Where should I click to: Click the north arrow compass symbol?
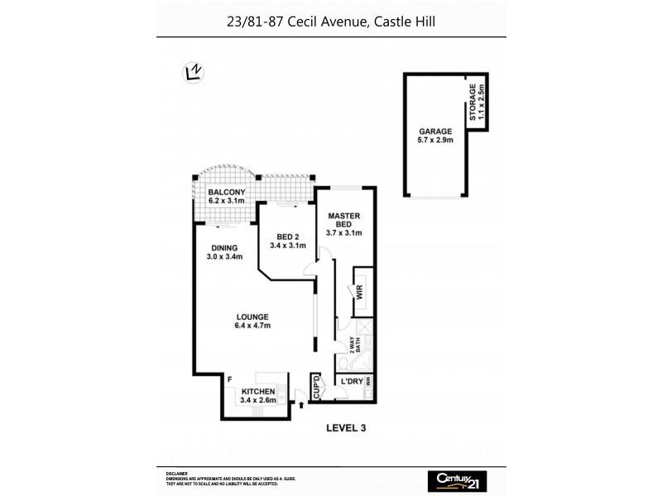pyautogui.click(x=192, y=73)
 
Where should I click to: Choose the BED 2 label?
pyautogui.click(x=287, y=236)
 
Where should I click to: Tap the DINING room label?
pyautogui.click(x=223, y=248)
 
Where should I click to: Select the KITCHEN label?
pyautogui.click(x=257, y=392)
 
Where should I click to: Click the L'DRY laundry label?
pyautogui.click(x=347, y=381)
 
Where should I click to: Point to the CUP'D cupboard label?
pyautogui.click(x=316, y=388)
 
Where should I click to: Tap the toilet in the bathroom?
pyautogui.click(x=343, y=364)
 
